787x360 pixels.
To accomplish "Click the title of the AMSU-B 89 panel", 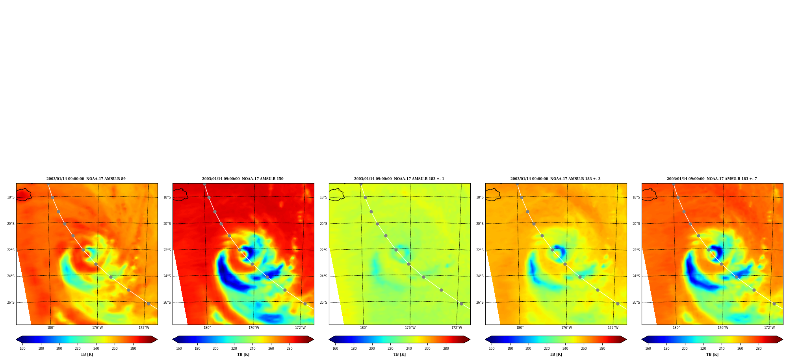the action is [x=86, y=179].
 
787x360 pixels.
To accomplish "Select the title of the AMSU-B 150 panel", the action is [x=243, y=179].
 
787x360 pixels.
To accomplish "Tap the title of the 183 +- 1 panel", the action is [x=399, y=179].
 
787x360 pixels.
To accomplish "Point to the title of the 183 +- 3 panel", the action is [x=555, y=179].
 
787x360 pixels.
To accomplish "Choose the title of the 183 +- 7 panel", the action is [x=712, y=179].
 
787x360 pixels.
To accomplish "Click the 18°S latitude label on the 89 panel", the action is [x=11, y=197].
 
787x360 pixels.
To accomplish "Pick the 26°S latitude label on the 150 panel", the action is [x=167, y=302].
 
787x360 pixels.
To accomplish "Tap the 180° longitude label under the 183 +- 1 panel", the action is [x=364, y=328].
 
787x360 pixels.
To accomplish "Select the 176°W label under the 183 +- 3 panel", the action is [x=566, y=328].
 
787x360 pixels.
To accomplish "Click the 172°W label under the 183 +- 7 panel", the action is [x=769, y=328].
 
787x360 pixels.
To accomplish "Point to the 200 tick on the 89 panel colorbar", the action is [x=59, y=349].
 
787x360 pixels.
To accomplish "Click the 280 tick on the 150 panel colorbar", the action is [x=290, y=349].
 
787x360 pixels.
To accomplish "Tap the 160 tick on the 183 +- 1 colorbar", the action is [x=335, y=349].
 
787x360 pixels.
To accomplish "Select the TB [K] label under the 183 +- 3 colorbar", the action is [x=556, y=354].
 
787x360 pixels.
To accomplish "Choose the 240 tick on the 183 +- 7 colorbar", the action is [x=722, y=349].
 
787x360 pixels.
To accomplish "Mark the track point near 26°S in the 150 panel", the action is [x=305, y=304].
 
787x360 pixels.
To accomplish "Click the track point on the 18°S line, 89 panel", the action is [x=52, y=197].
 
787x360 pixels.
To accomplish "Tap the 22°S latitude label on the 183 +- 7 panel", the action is [x=636, y=250].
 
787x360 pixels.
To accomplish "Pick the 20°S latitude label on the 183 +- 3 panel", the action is [x=480, y=224].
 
